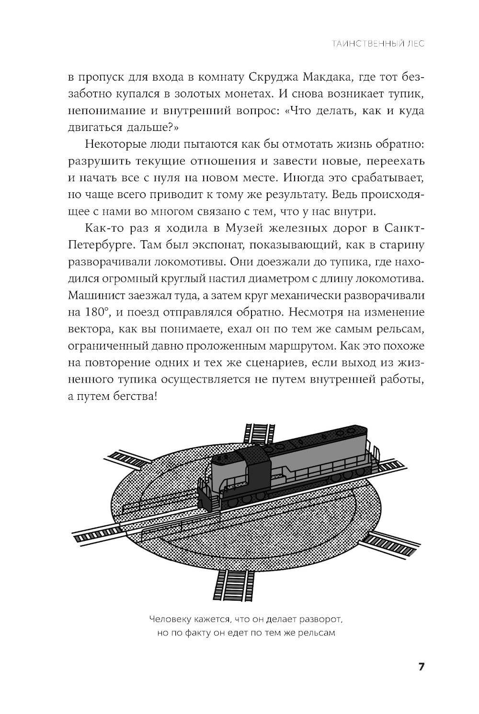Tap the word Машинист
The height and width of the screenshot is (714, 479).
[x=95, y=295]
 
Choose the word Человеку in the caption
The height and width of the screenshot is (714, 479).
[x=169, y=619]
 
